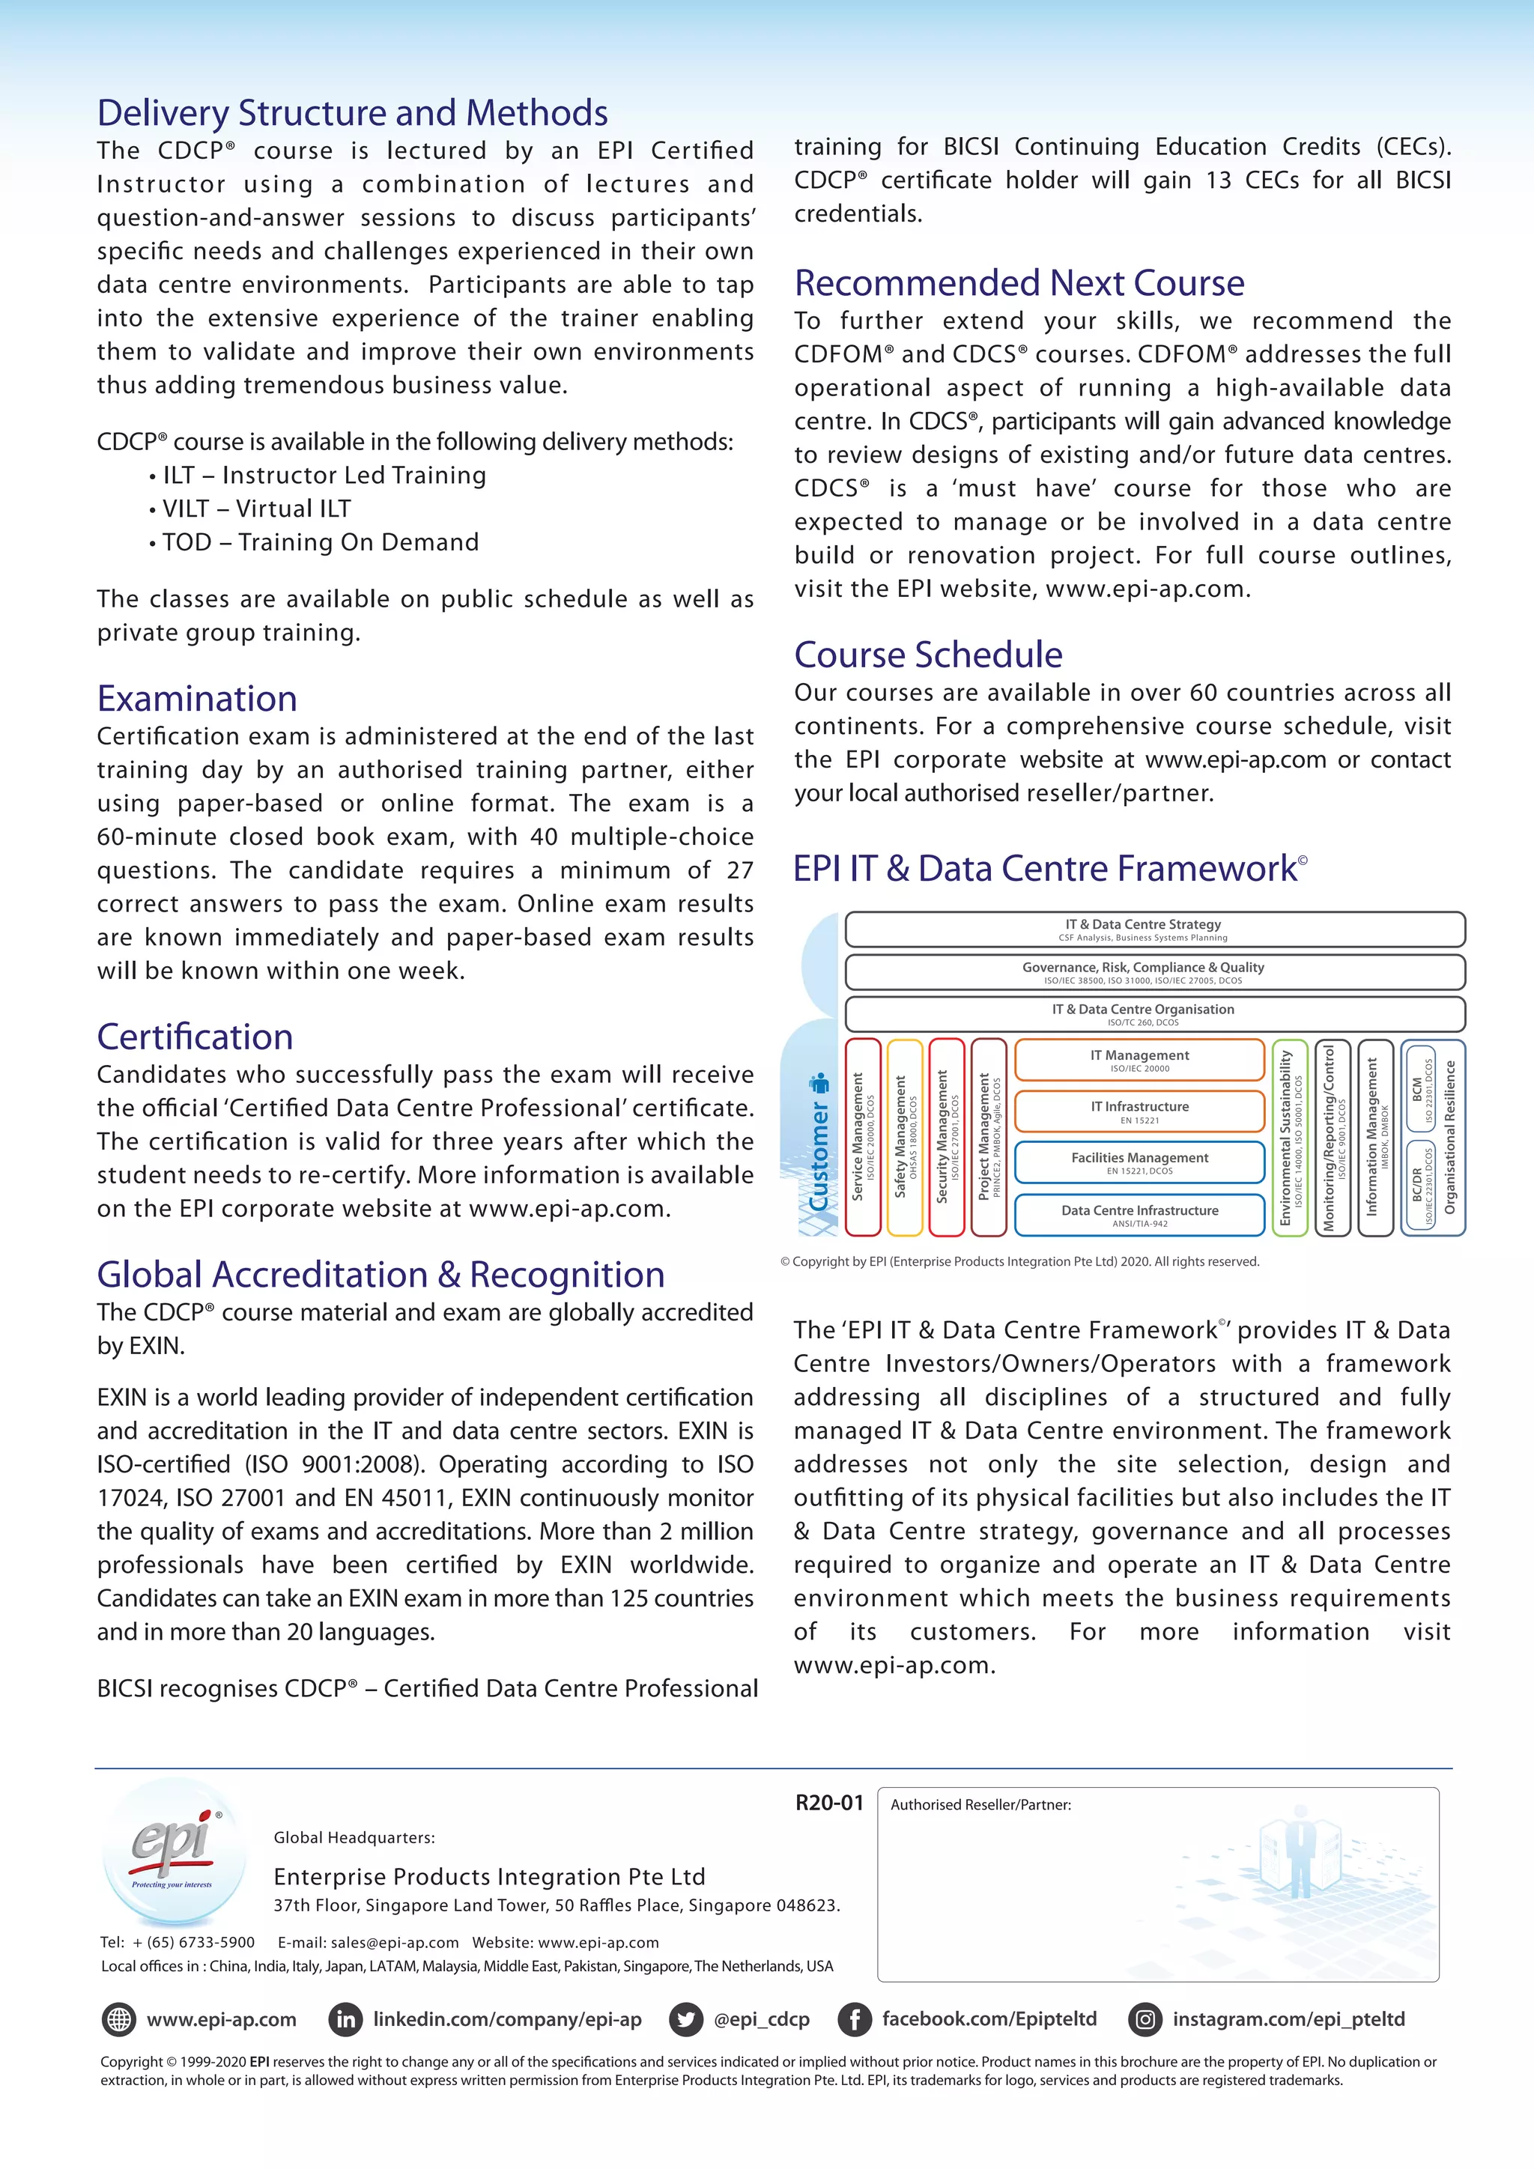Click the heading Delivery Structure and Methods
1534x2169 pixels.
(352, 113)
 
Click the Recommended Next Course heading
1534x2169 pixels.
(1019, 283)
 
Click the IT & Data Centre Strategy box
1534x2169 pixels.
(1154, 929)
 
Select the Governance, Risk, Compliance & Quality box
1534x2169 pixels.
(1154, 972)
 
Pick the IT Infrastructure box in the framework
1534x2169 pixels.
(1139, 1111)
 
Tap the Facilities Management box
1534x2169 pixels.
(1139, 1162)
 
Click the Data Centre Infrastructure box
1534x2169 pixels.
(1139, 1215)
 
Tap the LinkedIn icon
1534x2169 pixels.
(347, 2020)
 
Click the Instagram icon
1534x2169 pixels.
(1145, 2020)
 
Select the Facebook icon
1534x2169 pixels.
(854, 2020)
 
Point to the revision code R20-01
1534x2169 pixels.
(829, 1803)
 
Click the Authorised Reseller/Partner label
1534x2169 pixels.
(980, 1804)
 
